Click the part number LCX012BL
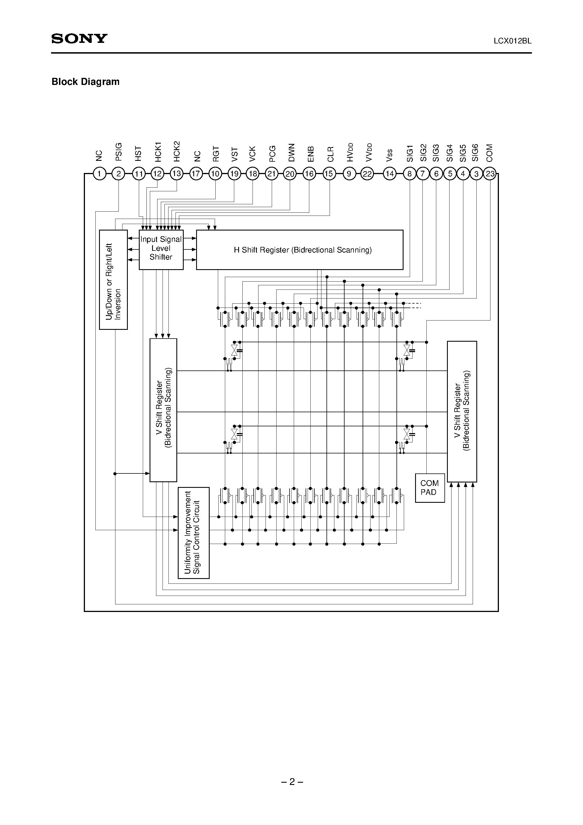(512, 41)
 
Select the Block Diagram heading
(86, 82)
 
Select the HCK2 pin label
(176, 151)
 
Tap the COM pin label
(490, 153)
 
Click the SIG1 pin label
(410, 153)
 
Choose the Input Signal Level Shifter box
(161, 249)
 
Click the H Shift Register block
(299, 250)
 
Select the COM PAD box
(429, 488)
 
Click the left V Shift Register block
(163, 410)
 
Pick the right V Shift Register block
(462, 411)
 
